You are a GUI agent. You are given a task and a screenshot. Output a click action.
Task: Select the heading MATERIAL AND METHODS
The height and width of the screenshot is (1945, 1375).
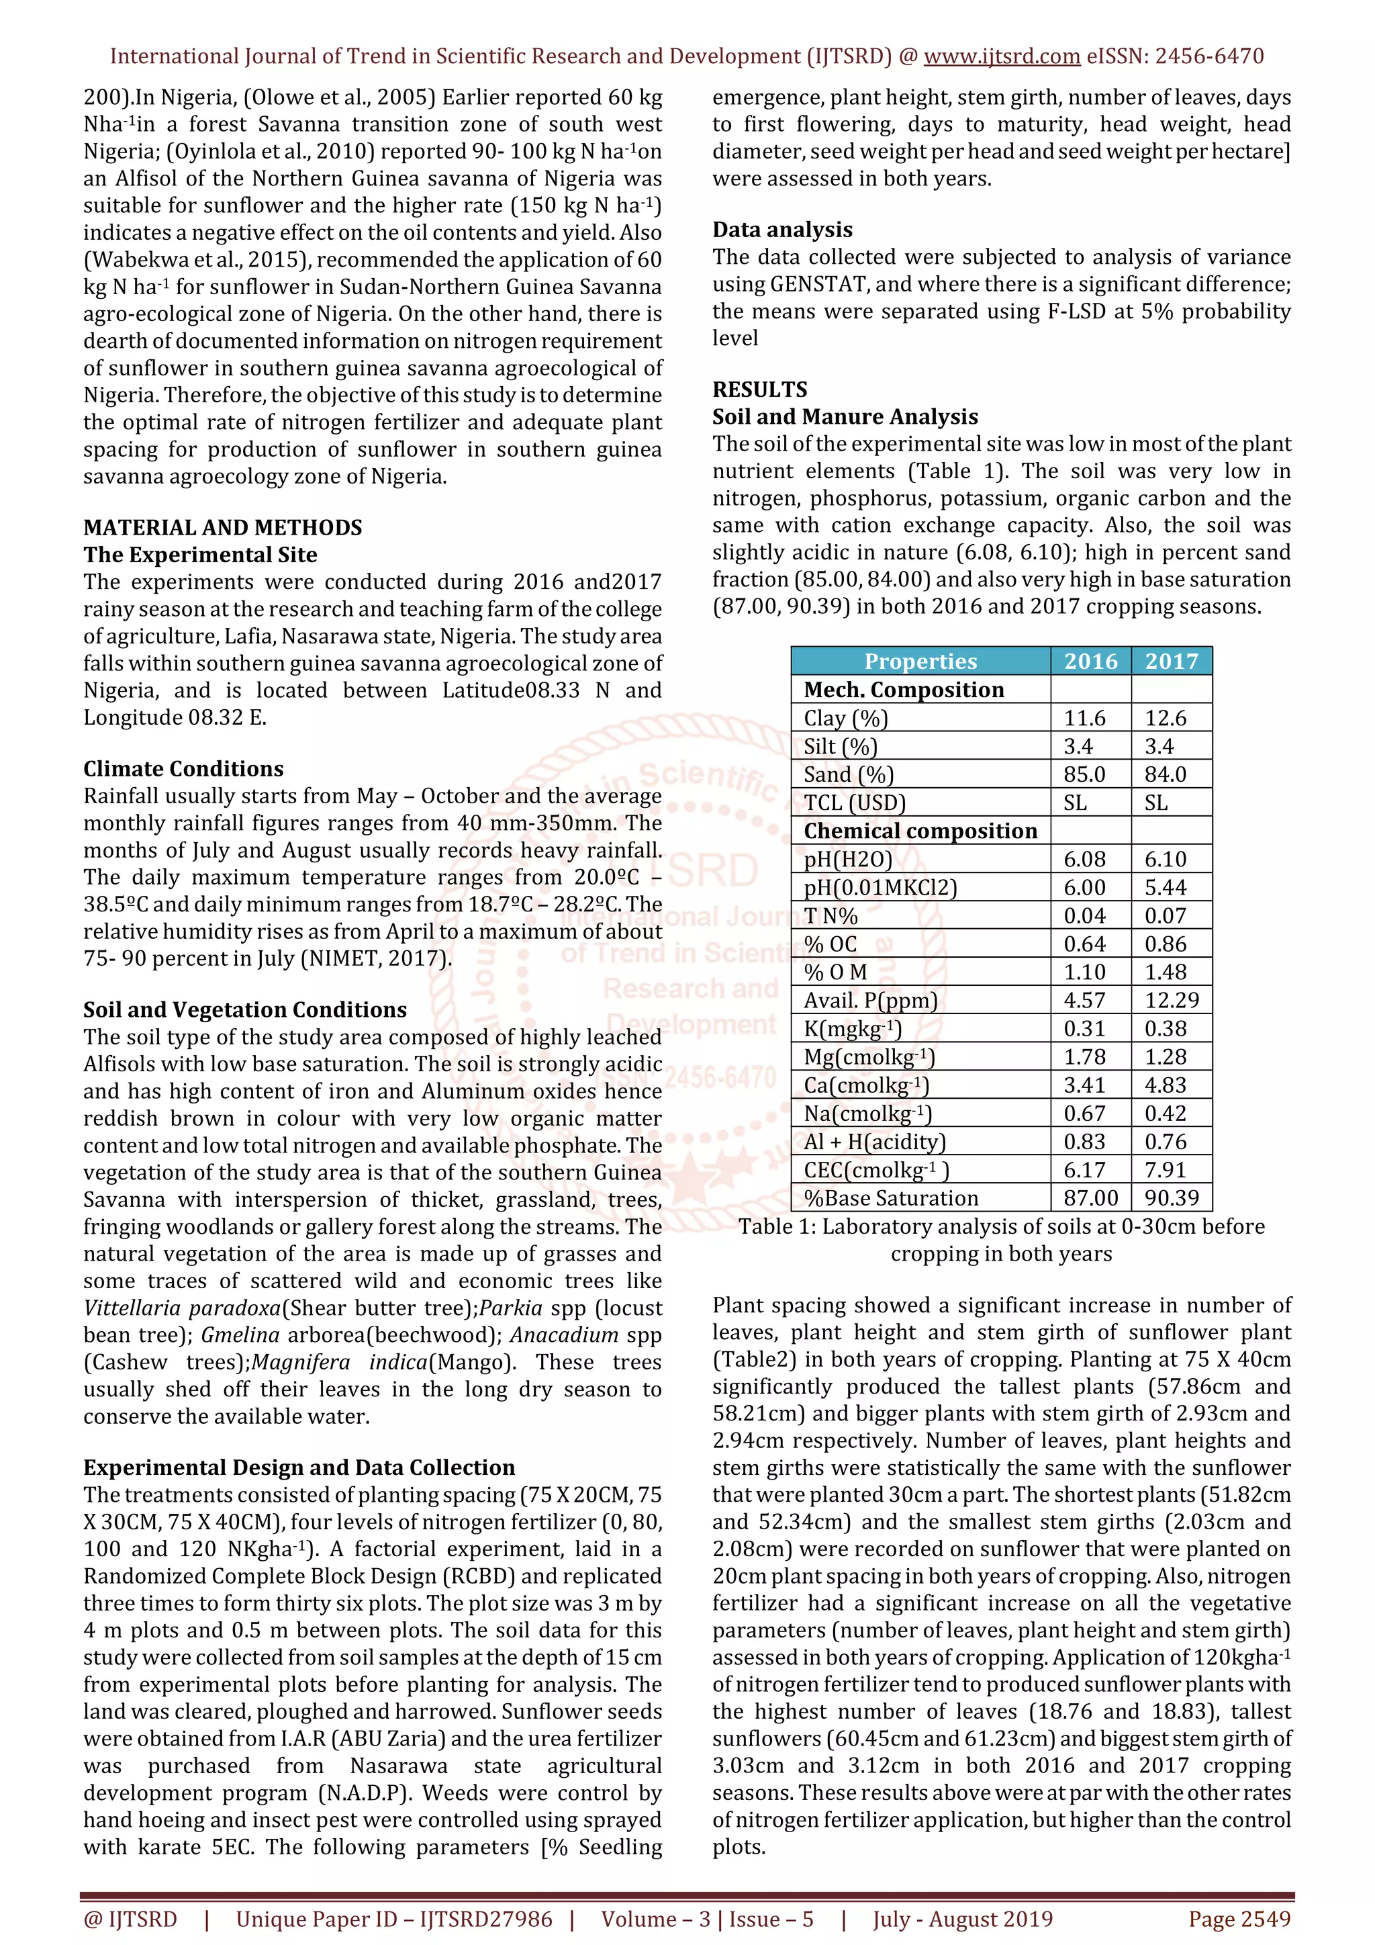223,528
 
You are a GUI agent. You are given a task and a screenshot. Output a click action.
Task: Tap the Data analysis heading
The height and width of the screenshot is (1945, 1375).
782,230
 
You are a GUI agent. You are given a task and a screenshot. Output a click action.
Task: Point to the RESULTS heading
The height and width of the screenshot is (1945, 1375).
759,390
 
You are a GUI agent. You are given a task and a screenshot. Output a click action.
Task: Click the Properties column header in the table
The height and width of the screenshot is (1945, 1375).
920,662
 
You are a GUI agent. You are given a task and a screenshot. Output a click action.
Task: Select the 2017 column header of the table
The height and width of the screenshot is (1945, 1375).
1171,662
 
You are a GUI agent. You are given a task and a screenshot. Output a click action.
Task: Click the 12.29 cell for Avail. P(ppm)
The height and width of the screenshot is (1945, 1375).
1172,1001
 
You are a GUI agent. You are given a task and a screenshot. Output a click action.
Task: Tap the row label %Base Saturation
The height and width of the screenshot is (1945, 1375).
891,1198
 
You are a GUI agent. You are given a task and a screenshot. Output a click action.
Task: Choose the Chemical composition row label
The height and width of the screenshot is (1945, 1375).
920,831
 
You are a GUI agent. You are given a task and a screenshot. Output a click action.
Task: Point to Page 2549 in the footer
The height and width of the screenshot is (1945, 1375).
1239,1919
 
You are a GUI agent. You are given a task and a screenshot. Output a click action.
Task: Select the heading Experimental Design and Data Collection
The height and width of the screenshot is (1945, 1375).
299,1467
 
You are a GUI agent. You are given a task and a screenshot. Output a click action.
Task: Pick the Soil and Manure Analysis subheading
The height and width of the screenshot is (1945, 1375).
845,417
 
